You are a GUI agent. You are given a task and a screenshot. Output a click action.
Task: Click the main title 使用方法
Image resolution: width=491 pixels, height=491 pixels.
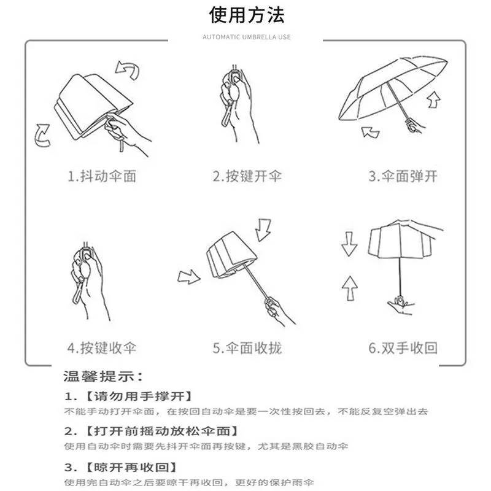point(247,15)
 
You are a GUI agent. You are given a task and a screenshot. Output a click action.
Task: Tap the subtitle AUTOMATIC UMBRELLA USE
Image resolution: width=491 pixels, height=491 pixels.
point(247,37)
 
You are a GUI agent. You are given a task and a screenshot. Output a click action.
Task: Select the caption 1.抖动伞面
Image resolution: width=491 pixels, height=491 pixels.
point(102,176)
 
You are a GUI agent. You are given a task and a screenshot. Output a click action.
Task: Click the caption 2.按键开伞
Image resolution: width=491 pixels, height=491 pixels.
point(247,176)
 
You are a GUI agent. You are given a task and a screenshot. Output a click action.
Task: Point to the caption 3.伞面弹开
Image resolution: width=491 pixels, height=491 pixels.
point(403,176)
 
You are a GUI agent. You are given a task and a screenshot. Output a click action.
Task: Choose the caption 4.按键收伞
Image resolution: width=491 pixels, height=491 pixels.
point(102,348)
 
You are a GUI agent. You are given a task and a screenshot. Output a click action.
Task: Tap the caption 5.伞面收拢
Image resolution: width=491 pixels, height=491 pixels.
point(247,348)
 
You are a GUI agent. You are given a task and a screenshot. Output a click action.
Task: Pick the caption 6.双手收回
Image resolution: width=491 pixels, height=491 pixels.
point(403,348)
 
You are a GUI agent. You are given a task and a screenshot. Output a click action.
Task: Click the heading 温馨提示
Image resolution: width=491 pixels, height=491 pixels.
point(102,376)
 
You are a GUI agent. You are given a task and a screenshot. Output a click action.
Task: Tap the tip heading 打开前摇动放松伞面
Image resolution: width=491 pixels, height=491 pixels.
point(162,431)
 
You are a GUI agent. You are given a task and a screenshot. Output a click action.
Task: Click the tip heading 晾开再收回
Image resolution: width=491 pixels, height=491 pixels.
point(131,468)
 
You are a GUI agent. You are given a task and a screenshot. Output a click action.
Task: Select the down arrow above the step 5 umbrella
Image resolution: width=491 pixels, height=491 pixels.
point(263,230)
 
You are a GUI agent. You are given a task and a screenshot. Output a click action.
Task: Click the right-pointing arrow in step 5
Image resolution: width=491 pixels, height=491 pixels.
point(189,277)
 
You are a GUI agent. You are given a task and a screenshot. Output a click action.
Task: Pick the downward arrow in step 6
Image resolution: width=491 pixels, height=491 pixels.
point(349,244)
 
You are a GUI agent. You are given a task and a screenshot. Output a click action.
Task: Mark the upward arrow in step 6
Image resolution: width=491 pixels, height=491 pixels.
point(350,288)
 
